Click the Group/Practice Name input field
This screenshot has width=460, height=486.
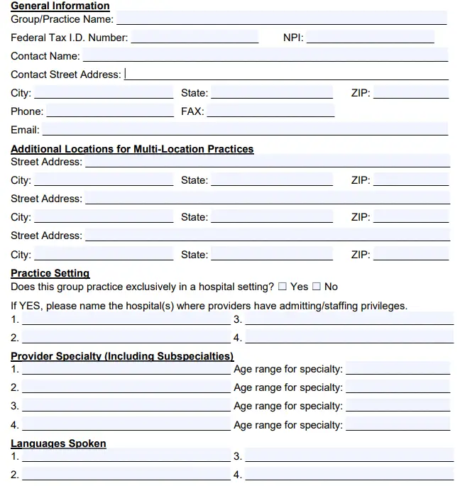tap(281, 18)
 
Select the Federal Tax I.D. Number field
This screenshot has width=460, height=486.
tap(195, 38)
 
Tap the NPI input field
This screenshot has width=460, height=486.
tap(370, 38)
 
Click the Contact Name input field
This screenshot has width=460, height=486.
tap(265, 55)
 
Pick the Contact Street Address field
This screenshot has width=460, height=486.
tap(287, 74)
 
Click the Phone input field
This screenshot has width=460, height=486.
tap(109, 111)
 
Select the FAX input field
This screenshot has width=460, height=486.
tap(270, 111)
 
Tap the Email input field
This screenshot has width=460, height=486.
tap(245, 129)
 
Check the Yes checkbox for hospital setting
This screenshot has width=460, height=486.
tap(283, 287)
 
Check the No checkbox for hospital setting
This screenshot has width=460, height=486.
tap(317, 287)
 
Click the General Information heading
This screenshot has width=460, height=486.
tap(60, 6)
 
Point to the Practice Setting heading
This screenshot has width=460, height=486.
tap(50, 273)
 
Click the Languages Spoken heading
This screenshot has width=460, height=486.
tap(58, 443)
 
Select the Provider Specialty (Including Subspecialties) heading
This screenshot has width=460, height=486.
tap(122, 356)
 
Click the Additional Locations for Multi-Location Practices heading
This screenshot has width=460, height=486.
tap(132, 149)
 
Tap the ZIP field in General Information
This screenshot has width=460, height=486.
tap(411, 92)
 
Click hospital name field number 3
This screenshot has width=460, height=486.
tap(349, 319)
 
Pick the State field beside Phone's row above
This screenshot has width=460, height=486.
tap(271, 92)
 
